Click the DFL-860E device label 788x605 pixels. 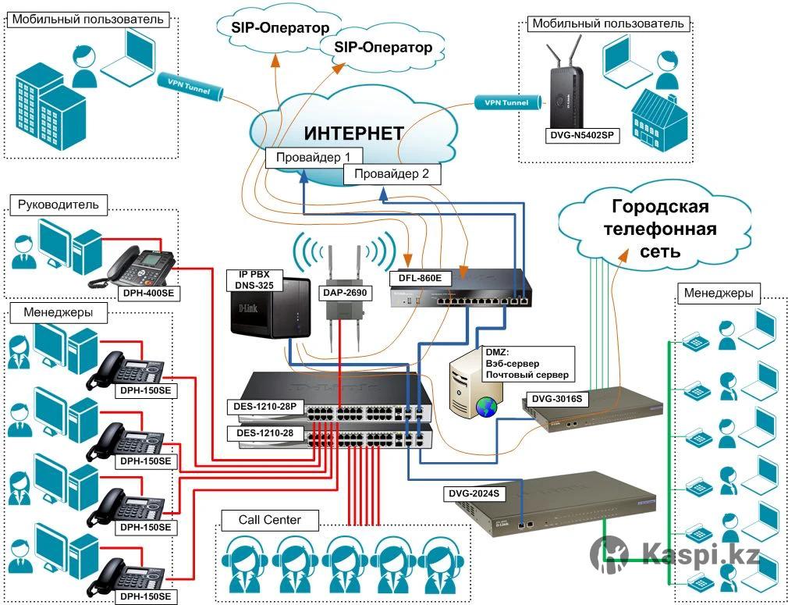click(421, 277)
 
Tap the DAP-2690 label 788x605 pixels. click(344, 293)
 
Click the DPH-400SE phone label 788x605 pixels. click(148, 294)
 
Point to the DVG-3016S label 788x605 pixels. click(558, 398)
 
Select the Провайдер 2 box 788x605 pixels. click(392, 174)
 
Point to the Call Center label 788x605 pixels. click(269, 520)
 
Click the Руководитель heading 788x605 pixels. click(58, 205)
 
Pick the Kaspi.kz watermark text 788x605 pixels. click(701, 555)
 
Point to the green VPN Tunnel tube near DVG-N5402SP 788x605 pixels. click(506, 102)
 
